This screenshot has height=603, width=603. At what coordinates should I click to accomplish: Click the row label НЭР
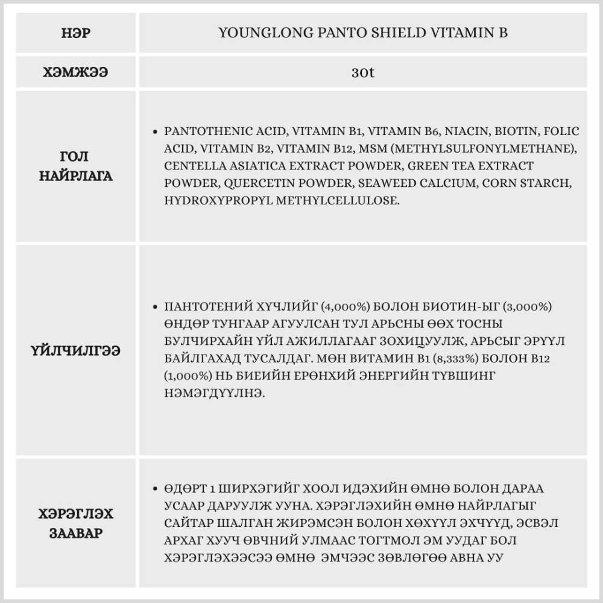pos(75,33)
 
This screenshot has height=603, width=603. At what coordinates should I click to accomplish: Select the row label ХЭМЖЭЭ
pos(75,72)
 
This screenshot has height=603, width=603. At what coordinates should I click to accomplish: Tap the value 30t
pos(362,72)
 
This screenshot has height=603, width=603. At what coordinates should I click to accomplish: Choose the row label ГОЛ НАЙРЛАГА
pos(75,166)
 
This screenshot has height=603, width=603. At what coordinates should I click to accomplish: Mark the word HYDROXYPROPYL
pos(217,200)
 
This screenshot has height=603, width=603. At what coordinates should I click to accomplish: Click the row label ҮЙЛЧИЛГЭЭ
pos(75,350)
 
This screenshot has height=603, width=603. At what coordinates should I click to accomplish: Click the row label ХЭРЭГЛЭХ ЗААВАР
pos(75,523)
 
